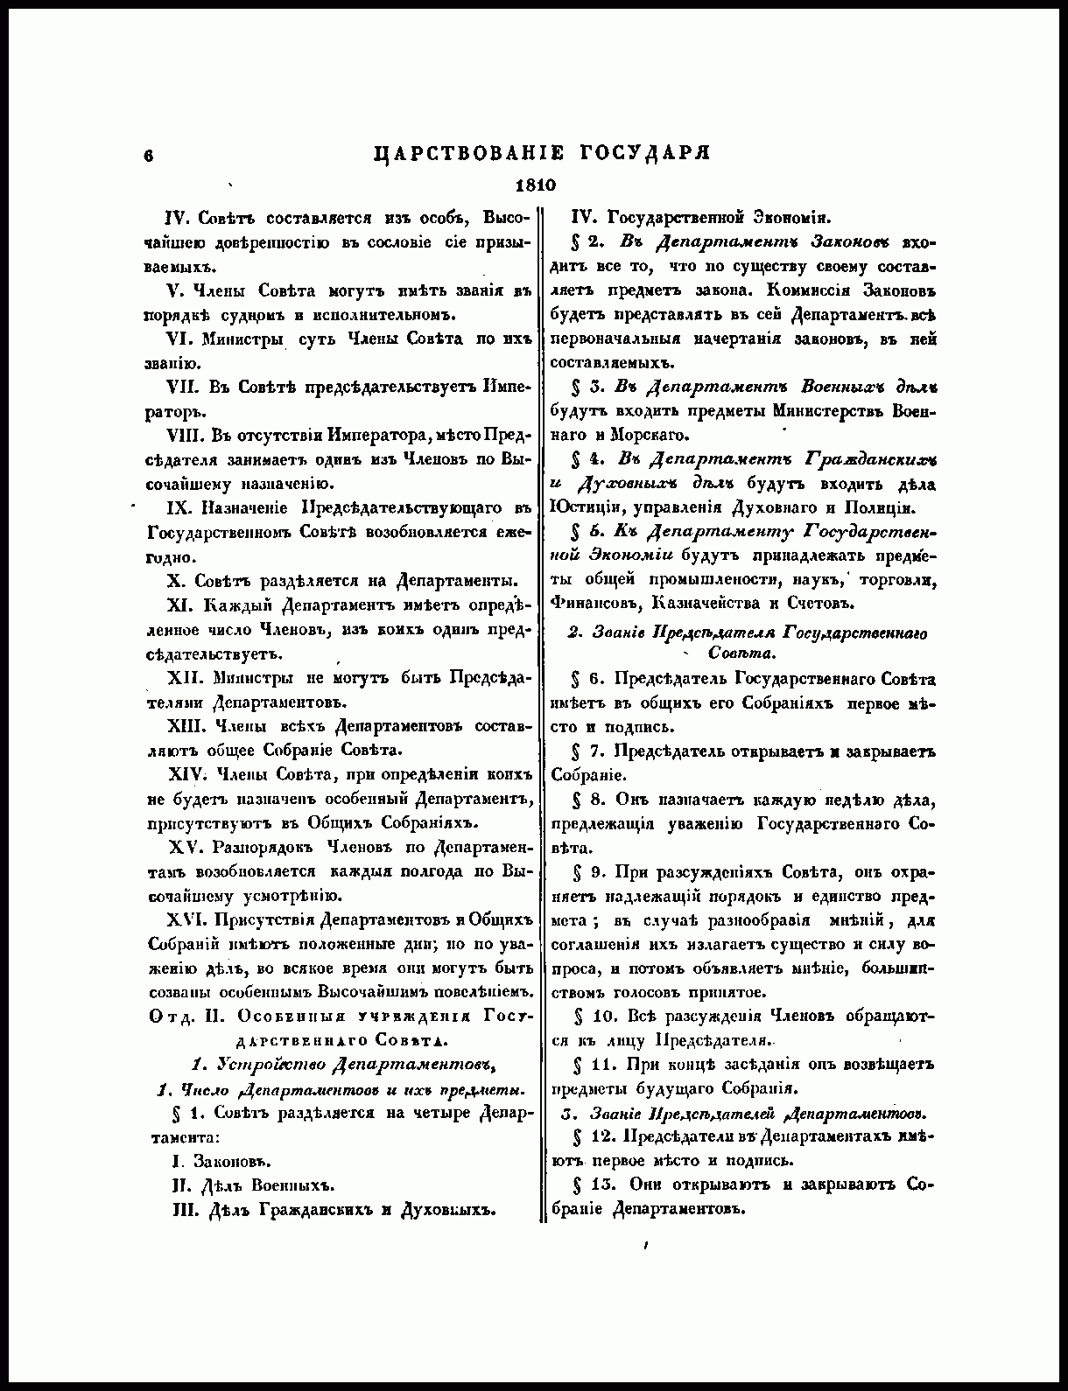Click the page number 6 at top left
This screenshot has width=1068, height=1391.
[x=150, y=155]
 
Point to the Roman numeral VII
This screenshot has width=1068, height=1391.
[x=184, y=388]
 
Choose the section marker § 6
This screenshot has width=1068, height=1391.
[x=582, y=679]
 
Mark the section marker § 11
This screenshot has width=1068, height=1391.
[x=586, y=1065]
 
